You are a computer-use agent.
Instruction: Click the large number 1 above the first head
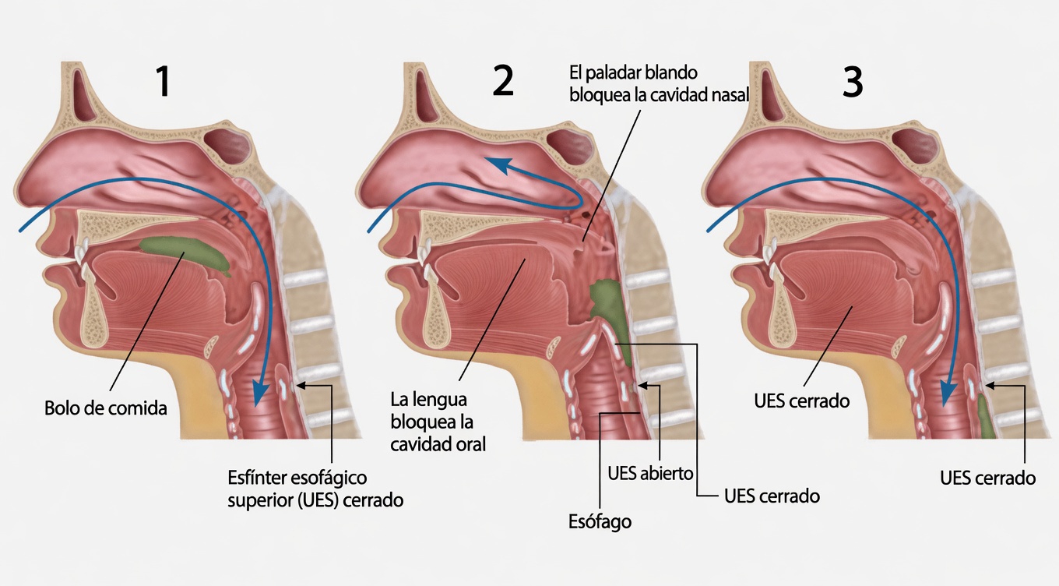tap(162, 82)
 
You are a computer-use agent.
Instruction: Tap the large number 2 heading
tap(504, 82)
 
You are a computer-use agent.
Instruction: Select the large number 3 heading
tap(853, 82)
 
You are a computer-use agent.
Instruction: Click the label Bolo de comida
tap(106, 408)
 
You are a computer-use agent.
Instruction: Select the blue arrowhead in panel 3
tap(947, 394)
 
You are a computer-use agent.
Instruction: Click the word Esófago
tap(600, 522)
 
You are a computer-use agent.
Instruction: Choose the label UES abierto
tap(649, 473)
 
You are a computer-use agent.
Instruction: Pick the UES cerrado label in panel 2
tap(771, 496)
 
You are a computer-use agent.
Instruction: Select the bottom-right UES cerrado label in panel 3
tap(987, 478)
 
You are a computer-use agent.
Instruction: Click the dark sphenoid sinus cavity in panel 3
tap(912, 145)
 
